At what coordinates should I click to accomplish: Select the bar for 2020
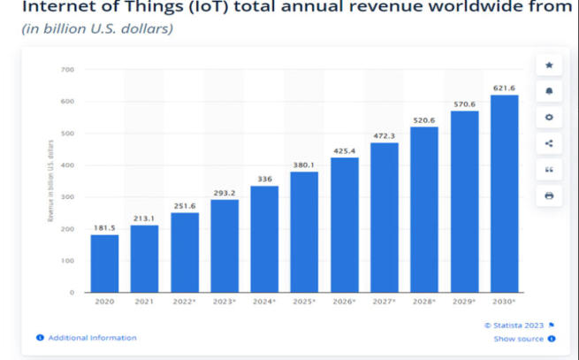[x=104, y=263]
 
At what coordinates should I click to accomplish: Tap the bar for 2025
[x=304, y=231]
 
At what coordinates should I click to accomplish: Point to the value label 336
[x=264, y=178]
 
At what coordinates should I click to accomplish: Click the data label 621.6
[x=505, y=87]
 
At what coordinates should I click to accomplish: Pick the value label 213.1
[x=144, y=217]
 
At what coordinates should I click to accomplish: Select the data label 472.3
[x=385, y=135]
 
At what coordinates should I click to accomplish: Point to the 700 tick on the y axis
[x=68, y=69]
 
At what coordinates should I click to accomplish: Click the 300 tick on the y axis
[x=68, y=197]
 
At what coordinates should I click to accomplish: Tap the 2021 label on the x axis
[x=144, y=302]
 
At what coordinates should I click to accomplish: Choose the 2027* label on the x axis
[x=385, y=302]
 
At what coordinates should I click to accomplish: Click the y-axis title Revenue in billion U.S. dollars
[x=51, y=180]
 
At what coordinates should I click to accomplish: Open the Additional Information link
[x=92, y=338]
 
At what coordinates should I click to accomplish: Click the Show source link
[x=519, y=338]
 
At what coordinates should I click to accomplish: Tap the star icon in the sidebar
[x=549, y=65]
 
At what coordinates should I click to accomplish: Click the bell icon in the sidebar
[x=549, y=91]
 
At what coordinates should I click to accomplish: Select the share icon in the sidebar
[x=549, y=143]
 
